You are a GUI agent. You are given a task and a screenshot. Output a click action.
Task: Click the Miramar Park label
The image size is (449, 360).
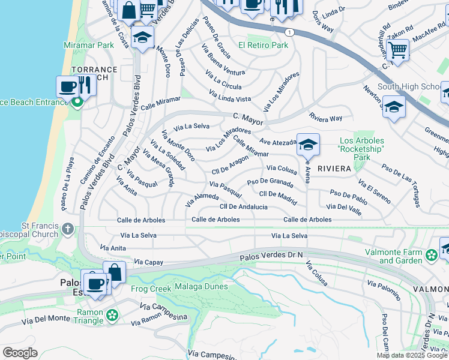(x=89, y=45)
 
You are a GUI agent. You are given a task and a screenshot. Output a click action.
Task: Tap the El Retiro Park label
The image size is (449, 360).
(x=263, y=45)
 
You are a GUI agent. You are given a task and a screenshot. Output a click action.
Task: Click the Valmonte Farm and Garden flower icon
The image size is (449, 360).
(x=430, y=256)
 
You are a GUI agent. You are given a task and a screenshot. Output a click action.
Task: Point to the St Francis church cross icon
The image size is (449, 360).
(x=68, y=229)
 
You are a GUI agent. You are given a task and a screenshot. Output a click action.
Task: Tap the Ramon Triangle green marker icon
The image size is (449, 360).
(x=112, y=314)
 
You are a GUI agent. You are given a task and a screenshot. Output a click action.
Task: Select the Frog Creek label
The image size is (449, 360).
(x=148, y=288)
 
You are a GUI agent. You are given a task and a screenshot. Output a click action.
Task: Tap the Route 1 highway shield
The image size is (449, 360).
(x=289, y=32)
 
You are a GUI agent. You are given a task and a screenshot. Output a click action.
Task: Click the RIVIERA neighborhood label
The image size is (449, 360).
(x=334, y=169)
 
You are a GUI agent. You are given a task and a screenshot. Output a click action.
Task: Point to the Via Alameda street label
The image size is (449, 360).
(x=202, y=200)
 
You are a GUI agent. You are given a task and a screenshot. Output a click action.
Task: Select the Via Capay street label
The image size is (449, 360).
(x=149, y=262)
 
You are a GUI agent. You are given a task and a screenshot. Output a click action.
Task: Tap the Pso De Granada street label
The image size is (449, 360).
(x=270, y=181)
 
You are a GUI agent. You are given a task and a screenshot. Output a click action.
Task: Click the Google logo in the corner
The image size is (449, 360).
(x=20, y=353)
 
